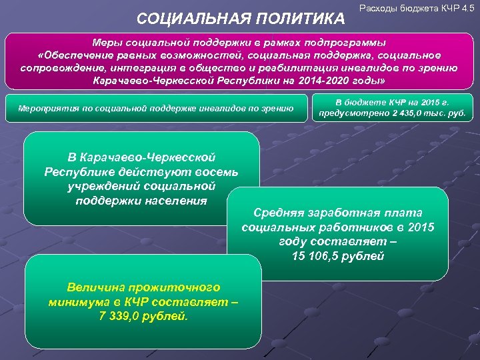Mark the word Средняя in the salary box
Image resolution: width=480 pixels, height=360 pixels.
(279, 213)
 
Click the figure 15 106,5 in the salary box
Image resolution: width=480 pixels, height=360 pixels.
(319, 255)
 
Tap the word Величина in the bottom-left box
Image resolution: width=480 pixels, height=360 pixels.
(93, 287)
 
